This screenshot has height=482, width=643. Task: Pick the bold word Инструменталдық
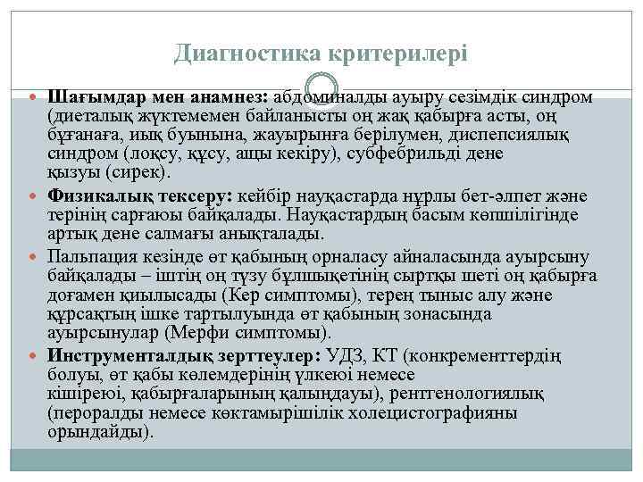point(125,353)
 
